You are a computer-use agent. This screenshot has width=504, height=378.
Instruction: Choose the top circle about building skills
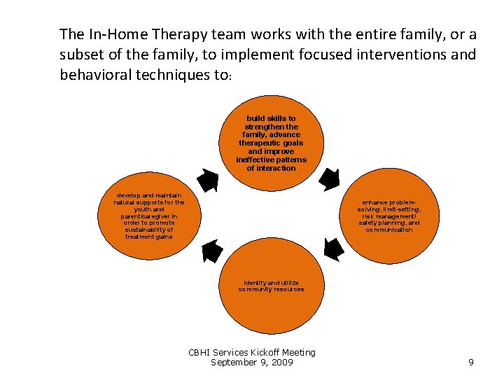tap(271, 144)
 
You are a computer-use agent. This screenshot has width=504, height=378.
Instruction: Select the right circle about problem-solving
tap(389, 217)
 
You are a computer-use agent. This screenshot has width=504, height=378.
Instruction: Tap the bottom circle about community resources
tap(271, 286)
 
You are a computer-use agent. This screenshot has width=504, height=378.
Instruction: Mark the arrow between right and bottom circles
tap(333, 249)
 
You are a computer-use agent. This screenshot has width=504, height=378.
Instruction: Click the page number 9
tap(470, 363)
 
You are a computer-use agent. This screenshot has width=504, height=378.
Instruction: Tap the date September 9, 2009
tap(252, 363)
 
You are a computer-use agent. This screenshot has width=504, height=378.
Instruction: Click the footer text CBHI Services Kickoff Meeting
tap(252, 353)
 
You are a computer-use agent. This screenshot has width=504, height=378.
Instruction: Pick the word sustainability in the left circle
tap(149, 230)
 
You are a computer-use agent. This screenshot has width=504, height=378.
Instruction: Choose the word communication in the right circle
tap(389, 230)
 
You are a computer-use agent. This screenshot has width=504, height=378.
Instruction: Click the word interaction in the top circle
tap(271, 168)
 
